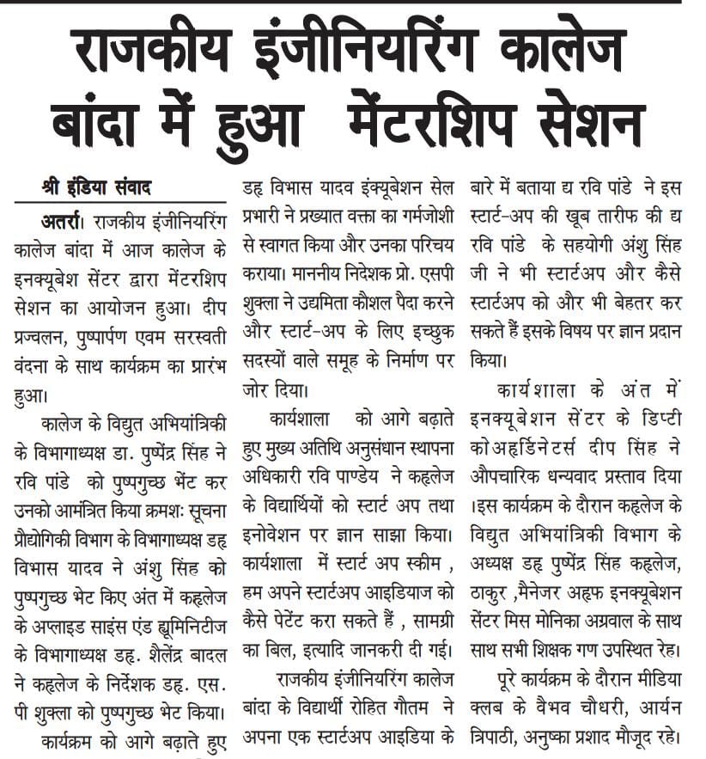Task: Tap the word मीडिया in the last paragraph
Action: pyautogui.click(x=656, y=682)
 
